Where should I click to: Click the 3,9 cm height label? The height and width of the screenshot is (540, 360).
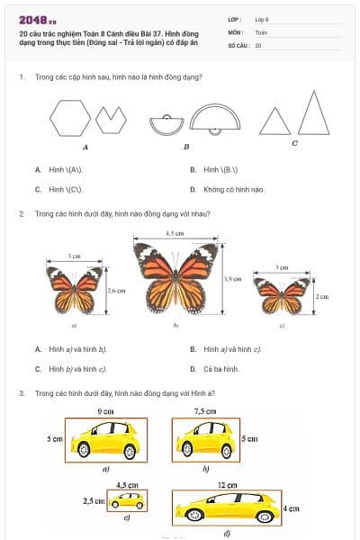(231, 280)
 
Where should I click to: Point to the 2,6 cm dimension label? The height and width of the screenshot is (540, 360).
(115, 291)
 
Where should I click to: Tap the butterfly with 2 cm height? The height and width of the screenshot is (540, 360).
(282, 295)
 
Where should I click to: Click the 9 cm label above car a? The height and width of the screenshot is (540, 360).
(104, 411)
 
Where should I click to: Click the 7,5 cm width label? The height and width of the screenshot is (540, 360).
(205, 411)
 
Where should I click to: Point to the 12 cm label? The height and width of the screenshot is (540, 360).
(227, 485)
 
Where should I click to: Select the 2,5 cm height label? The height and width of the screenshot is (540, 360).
(93, 499)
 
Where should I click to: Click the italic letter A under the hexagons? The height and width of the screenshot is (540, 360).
(85, 147)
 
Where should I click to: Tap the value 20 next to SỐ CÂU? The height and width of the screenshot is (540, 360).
(258, 44)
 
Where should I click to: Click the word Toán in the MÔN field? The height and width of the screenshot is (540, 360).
(261, 31)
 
